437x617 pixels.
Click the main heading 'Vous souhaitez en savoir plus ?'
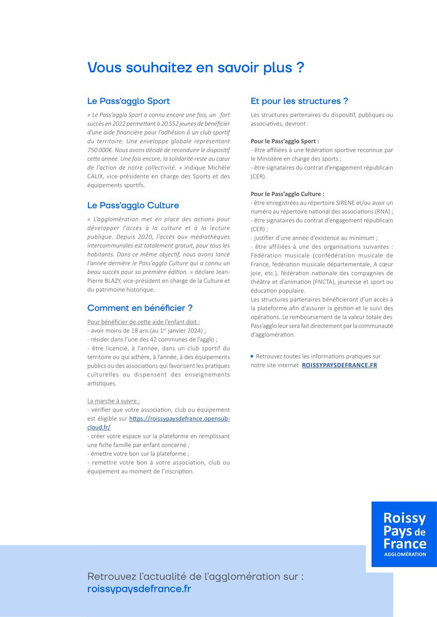click(196, 68)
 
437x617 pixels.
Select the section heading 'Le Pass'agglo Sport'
click(128, 101)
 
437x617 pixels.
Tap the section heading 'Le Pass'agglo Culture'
click(133, 206)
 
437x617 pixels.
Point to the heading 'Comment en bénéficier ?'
click(140, 308)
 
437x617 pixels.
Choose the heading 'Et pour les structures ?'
click(299, 101)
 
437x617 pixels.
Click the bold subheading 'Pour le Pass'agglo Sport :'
click(285, 141)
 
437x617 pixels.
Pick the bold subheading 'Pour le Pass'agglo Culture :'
click(287, 194)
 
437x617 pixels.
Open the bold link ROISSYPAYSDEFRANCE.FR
click(339, 365)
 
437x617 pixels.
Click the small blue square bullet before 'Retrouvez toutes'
click(252, 356)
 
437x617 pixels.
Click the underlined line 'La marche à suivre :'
click(113, 401)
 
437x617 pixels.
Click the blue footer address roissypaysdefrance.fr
click(139, 589)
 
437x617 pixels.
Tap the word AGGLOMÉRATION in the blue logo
click(405, 554)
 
